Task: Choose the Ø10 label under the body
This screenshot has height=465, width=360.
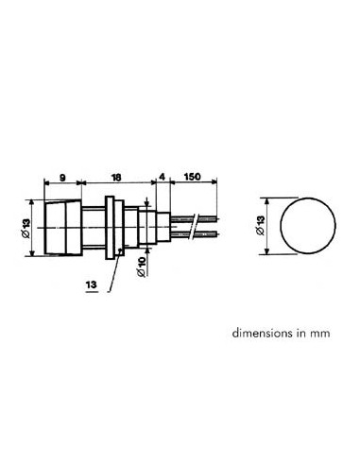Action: point(141,267)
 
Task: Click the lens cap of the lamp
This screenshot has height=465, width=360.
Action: point(59,227)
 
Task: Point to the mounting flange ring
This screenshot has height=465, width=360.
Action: point(111,227)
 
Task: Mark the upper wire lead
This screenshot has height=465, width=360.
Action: point(204,220)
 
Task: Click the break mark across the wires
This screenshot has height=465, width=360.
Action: point(194,227)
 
